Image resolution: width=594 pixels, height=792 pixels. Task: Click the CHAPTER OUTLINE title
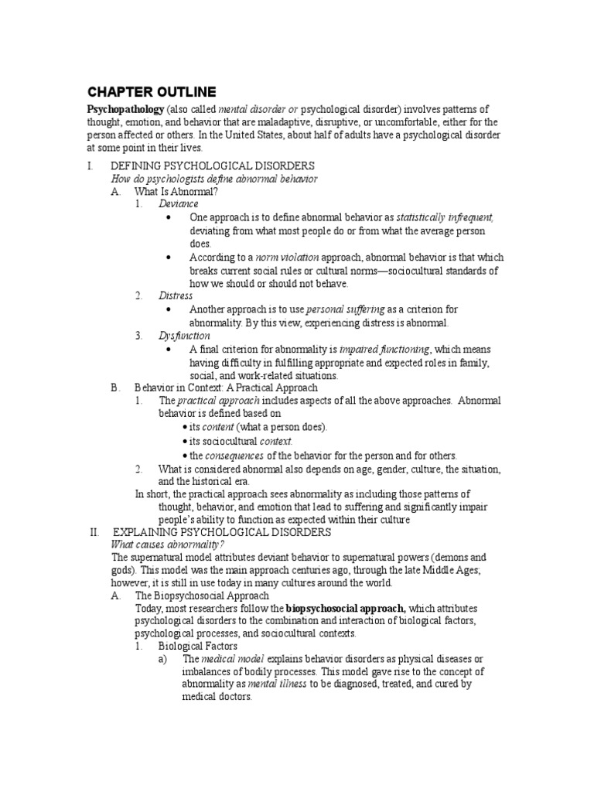tap(151, 91)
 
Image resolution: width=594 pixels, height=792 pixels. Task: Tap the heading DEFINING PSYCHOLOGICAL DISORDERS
tap(213, 166)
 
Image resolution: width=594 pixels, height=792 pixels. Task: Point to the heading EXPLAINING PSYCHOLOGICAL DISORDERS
tap(222, 533)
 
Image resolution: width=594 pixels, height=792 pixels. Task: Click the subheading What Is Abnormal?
tap(176, 191)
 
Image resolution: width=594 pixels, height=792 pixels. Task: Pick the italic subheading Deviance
tap(178, 204)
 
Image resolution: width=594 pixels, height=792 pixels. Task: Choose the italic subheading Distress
tap(176, 296)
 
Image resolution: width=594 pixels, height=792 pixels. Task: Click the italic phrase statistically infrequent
tap(445, 217)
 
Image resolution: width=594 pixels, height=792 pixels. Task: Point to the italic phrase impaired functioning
tap(384, 350)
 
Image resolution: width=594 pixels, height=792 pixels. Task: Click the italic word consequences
tap(234, 456)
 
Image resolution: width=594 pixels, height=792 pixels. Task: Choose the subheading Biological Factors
tap(198, 646)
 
